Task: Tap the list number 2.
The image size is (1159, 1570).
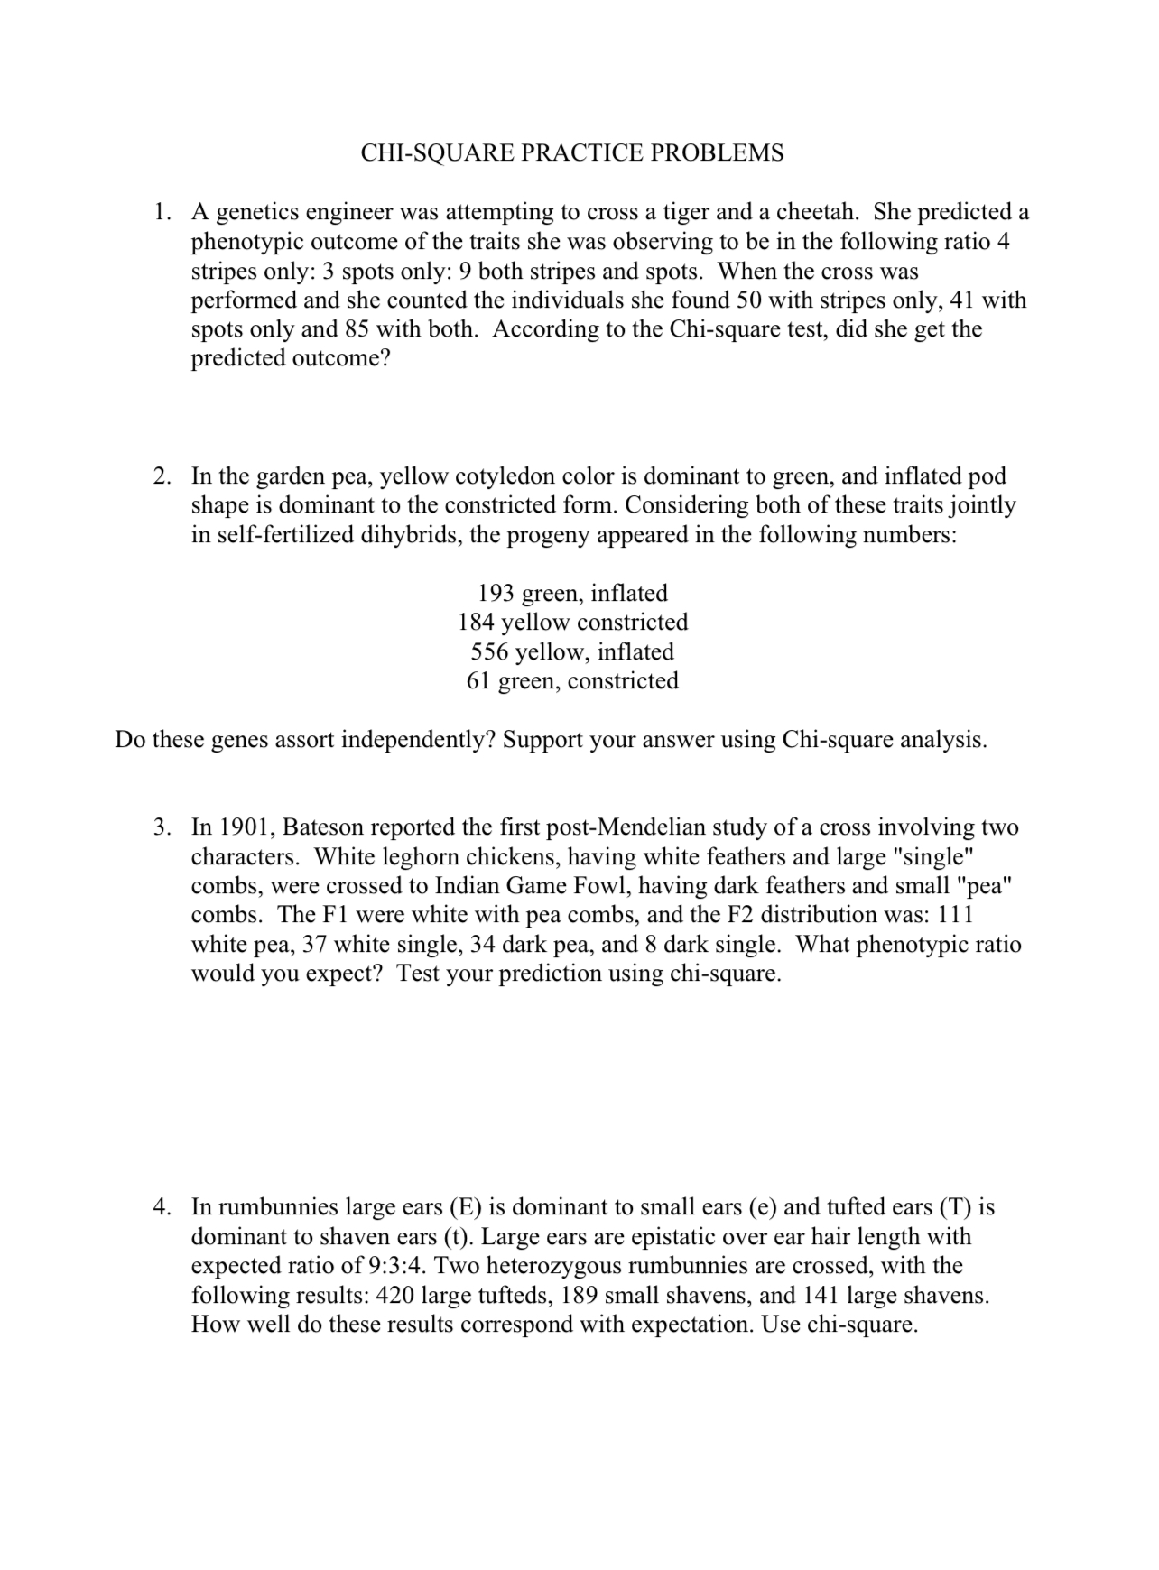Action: coord(162,476)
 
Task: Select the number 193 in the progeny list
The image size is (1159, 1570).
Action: coord(496,594)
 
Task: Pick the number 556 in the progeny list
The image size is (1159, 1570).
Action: coord(489,652)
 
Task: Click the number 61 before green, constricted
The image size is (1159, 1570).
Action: coord(478,681)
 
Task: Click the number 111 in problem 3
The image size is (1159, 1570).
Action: coord(956,915)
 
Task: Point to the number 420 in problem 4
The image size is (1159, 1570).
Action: coord(394,1296)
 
